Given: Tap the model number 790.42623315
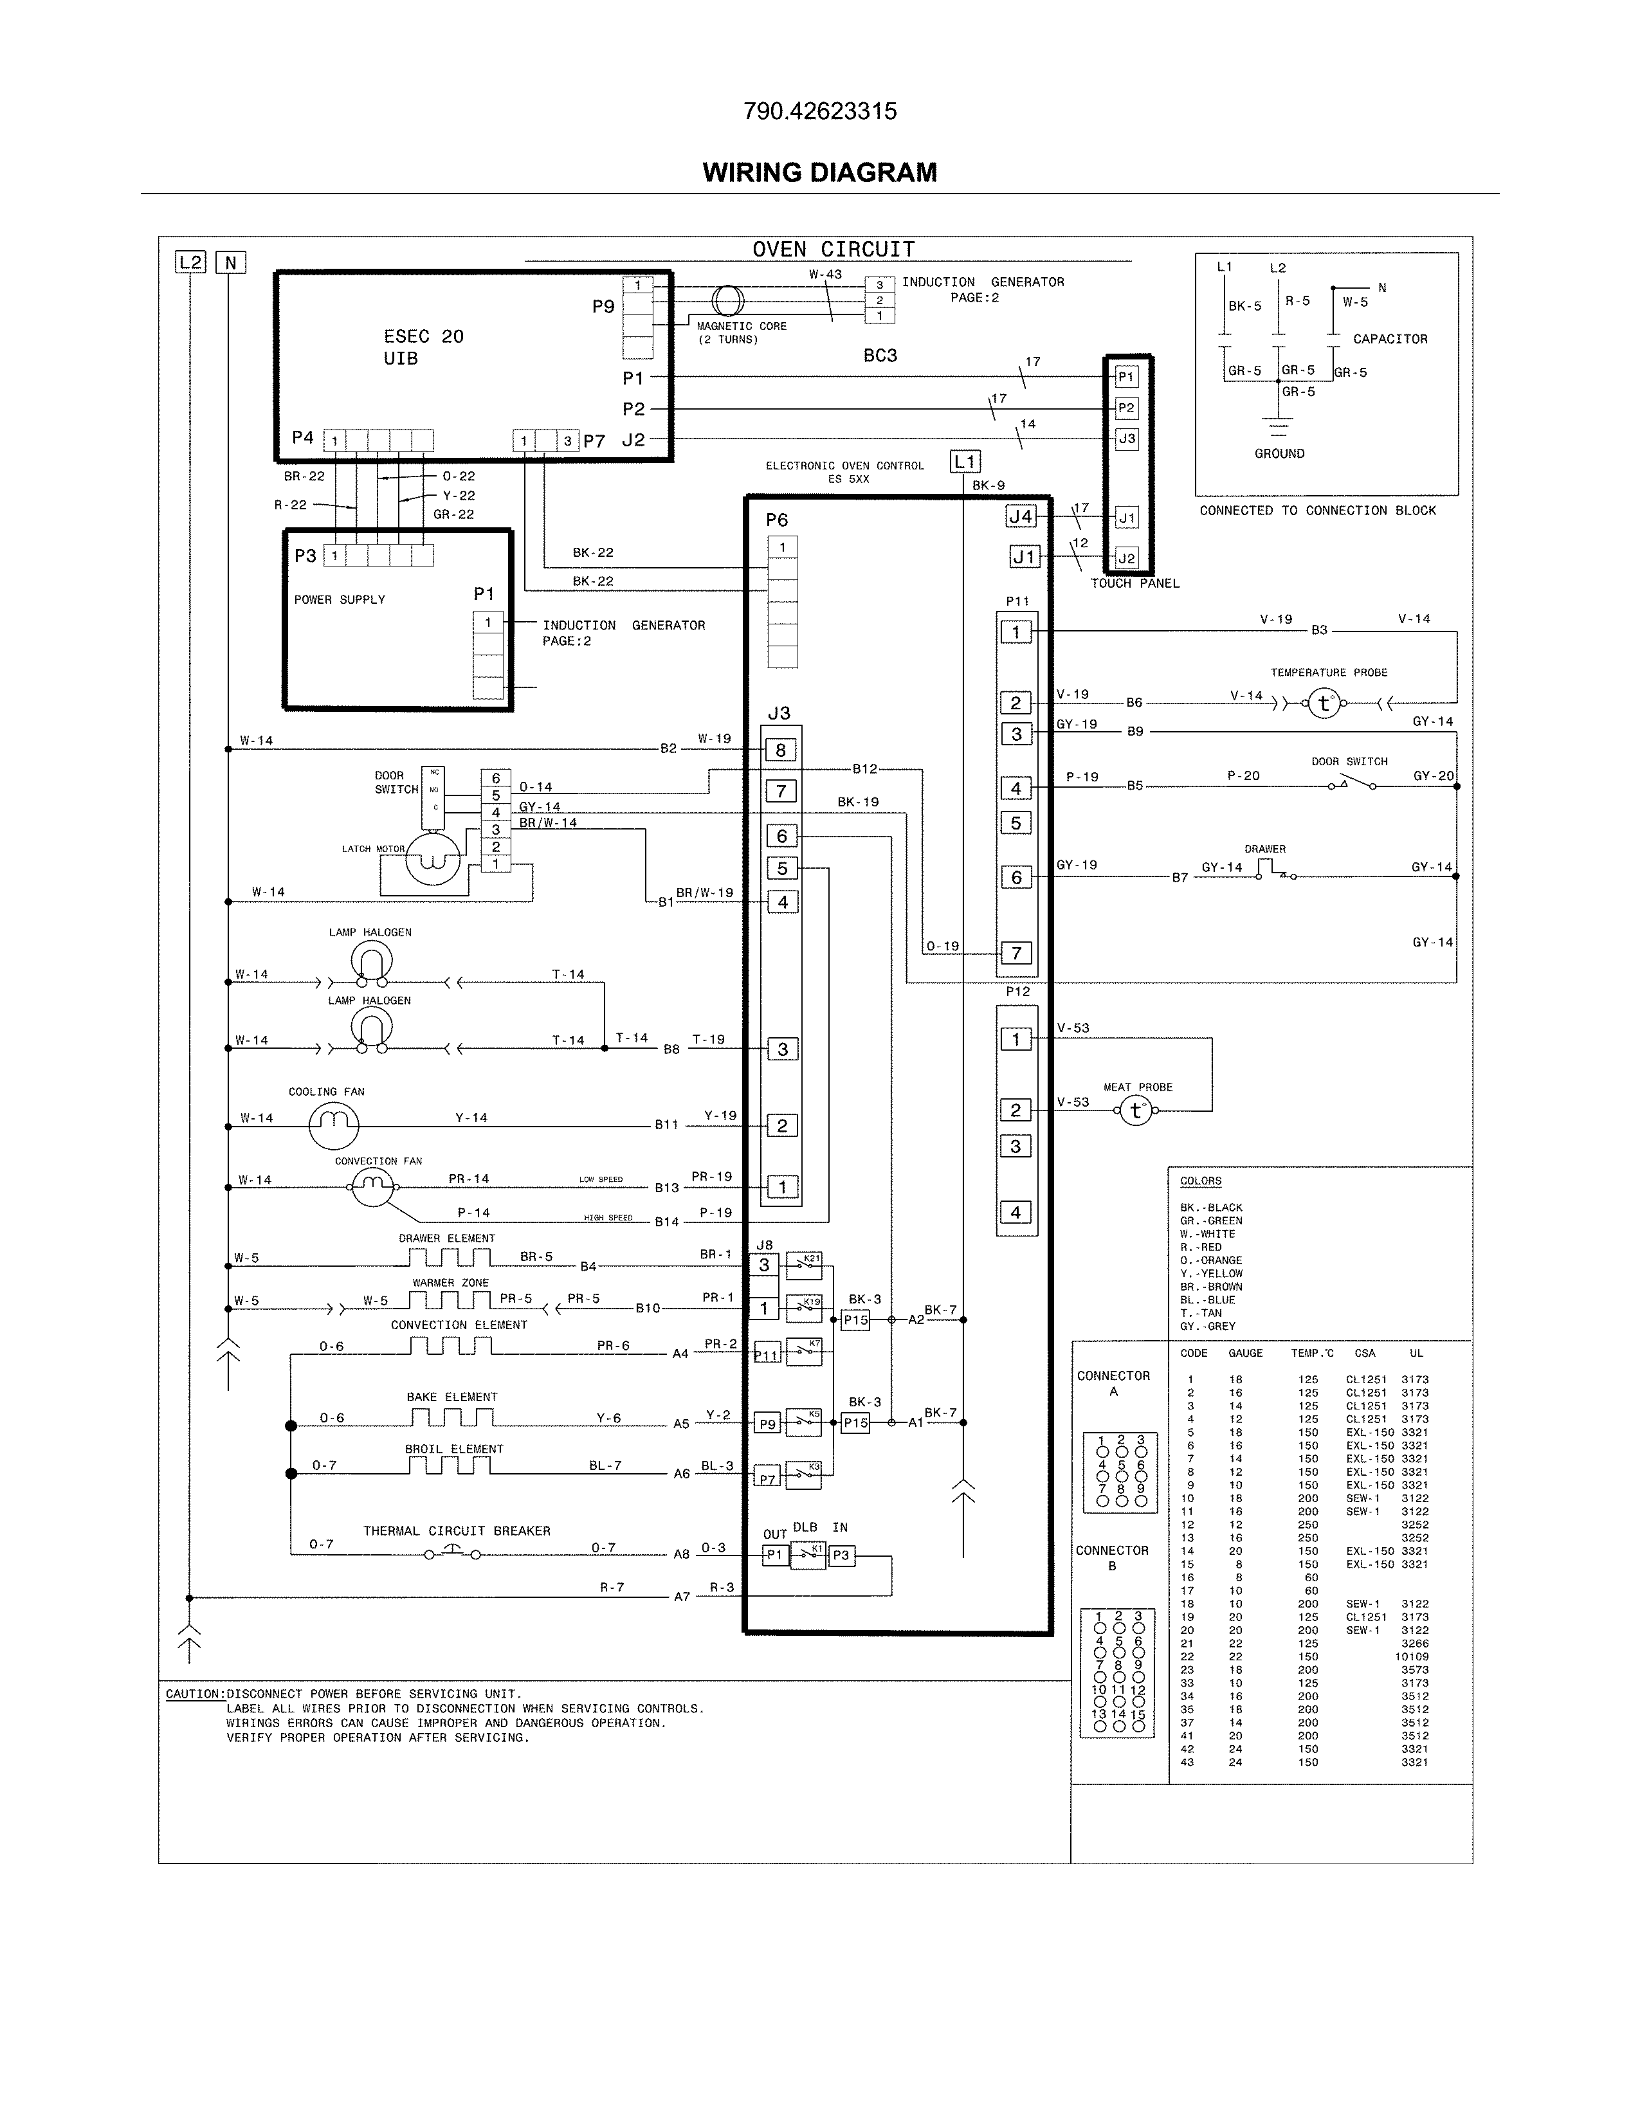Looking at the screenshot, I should pos(819,111).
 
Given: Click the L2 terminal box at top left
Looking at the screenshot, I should pos(190,262).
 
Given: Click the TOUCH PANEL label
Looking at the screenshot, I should pos(1134,583).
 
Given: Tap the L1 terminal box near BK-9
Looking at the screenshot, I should pos(964,462).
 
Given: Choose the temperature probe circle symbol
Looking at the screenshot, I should pos(1324,703).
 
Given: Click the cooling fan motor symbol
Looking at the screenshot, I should pos(333,1125).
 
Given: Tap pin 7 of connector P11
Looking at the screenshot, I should pos(1016,953).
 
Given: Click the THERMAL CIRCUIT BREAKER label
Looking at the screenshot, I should pos(457,1530).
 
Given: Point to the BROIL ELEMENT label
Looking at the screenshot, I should pos(453,1449).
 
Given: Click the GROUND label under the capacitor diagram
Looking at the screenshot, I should pos(1279,454).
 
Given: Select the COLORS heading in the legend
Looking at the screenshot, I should pos(1200,1181).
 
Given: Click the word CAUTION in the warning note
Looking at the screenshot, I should pos(194,1694).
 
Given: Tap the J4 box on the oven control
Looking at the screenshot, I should pos(1020,517).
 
